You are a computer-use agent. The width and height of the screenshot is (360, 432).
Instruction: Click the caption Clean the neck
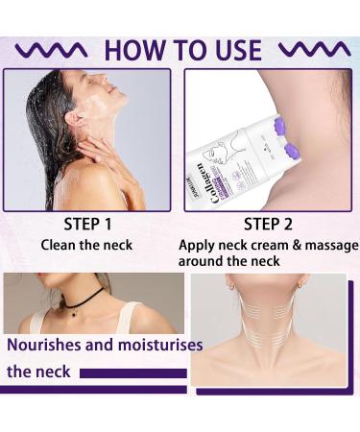click(x=87, y=245)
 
